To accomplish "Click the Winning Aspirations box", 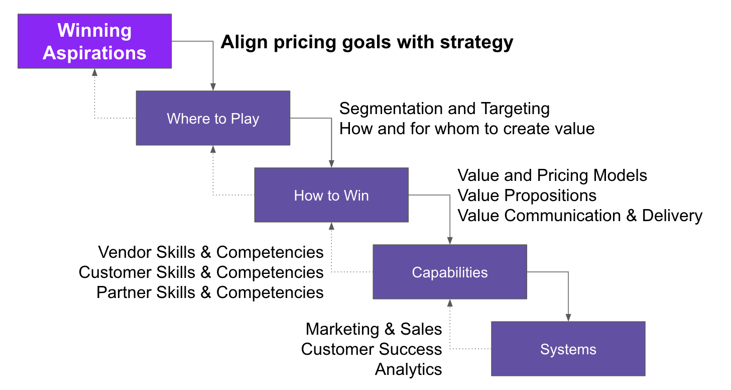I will (x=94, y=41).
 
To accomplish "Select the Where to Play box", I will (x=213, y=118).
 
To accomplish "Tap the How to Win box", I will (x=331, y=195).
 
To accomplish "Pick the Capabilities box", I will (x=449, y=272).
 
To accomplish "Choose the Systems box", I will (x=568, y=349).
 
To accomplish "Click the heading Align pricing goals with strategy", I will (x=367, y=42).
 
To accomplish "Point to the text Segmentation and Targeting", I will (x=444, y=109).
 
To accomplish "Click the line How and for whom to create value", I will (x=467, y=129).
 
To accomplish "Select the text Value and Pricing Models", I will (x=552, y=175).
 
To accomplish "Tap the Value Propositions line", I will (x=527, y=196).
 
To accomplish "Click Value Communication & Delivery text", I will (x=580, y=216).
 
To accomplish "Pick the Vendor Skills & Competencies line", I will (x=211, y=252).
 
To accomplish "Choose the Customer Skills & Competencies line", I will (x=201, y=272).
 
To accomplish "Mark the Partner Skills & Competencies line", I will (x=210, y=292).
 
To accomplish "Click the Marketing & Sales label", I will (x=374, y=329).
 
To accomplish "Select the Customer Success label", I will (x=372, y=349).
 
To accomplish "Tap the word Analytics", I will (x=408, y=369).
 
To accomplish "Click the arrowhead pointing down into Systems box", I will (x=568, y=318).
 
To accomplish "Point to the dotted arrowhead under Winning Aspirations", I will (x=94, y=72).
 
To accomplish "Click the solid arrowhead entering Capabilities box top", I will (x=450, y=241).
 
